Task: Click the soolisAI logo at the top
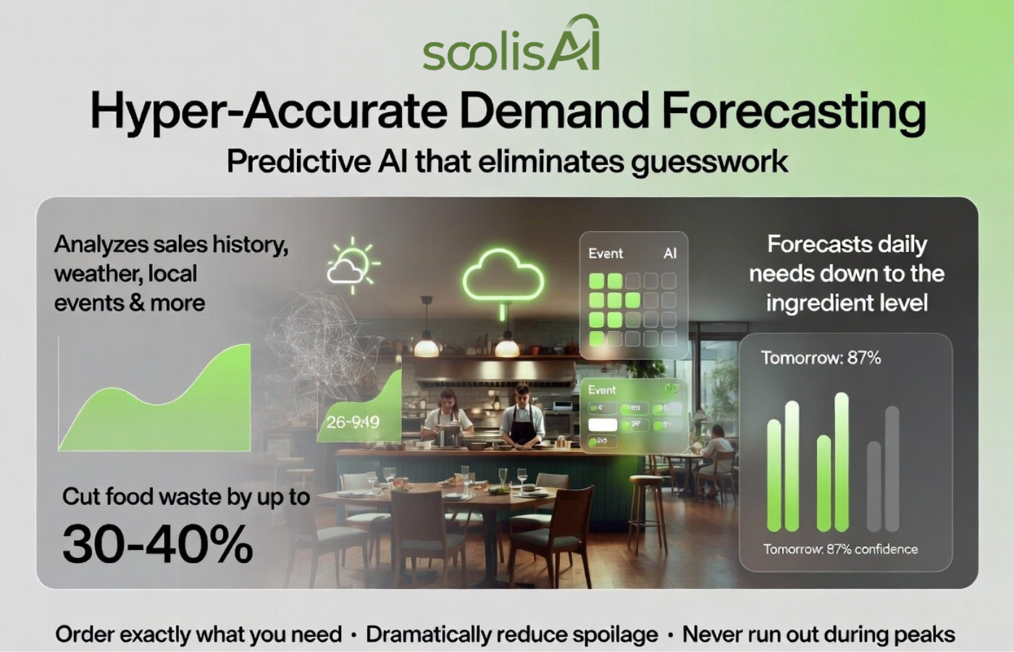(511, 47)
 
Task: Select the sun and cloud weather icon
(351, 265)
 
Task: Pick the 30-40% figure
(157, 544)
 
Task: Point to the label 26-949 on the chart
(353, 422)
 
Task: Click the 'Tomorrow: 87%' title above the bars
(820, 357)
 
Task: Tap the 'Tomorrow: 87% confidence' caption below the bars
(840, 549)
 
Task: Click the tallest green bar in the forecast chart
(841, 462)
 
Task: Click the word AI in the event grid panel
(670, 254)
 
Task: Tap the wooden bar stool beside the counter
(647, 507)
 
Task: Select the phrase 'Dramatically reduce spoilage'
(511, 635)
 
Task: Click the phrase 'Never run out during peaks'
(818, 635)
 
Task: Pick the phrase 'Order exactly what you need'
(198, 635)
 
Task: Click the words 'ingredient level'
(846, 303)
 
